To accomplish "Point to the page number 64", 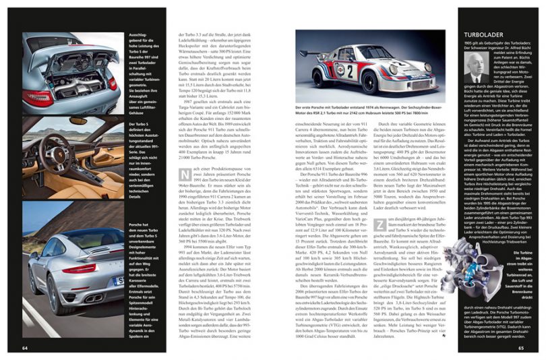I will (24, 348).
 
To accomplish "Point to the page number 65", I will (520, 348).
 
